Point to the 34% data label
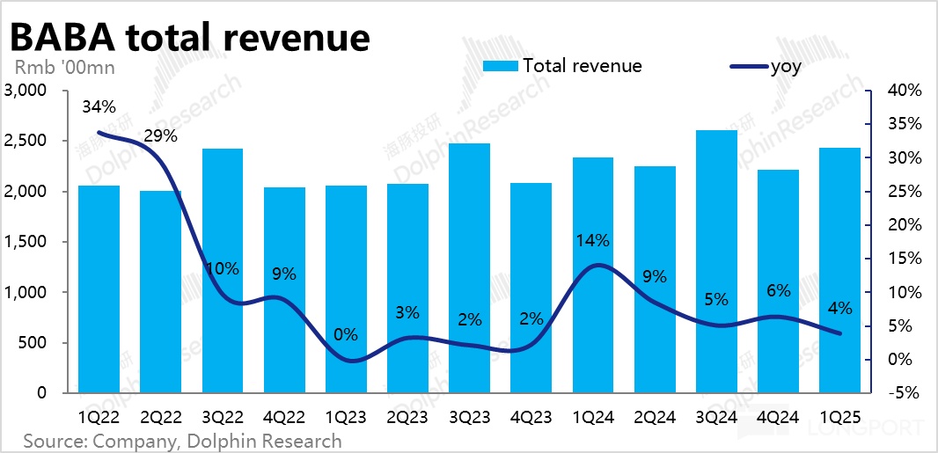pyautogui.click(x=99, y=106)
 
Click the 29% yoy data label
pyautogui.click(x=160, y=136)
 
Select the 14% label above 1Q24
pyautogui.click(x=592, y=240)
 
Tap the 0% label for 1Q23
pyautogui.click(x=345, y=334)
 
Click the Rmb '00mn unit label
pyautogui.click(x=63, y=66)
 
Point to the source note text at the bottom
pyautogui.click(x=182, y=440)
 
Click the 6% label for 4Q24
pyautogui.click(x=778, y=291)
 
